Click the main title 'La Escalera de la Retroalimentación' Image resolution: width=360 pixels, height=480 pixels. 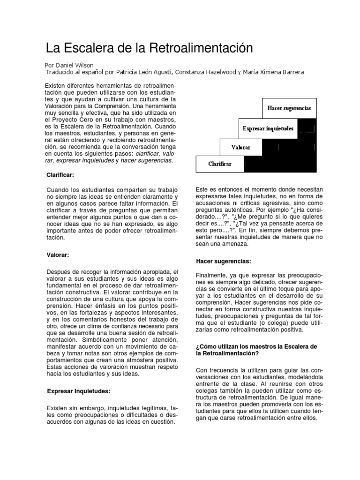[x=149, y=48]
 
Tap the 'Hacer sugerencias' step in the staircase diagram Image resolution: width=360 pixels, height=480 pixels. [x=289, y=108]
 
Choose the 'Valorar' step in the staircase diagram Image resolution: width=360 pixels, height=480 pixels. [x=241, y=147]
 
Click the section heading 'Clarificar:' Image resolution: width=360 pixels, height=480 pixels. [x=60, y=175]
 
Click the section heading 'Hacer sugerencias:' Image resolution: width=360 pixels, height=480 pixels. [x=223, y=261]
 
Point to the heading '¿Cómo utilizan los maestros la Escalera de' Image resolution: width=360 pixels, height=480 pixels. [x=256, y=346]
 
